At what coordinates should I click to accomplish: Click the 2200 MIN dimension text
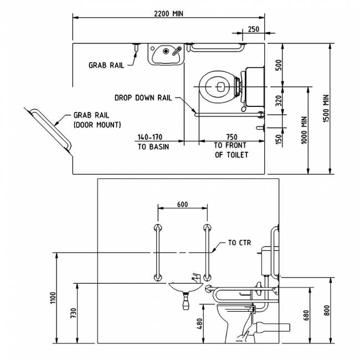(168, 14)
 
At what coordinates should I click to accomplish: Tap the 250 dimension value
(254, 29)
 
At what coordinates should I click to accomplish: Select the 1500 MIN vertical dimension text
(326, 109)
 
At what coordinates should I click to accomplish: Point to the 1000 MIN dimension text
(304, 130)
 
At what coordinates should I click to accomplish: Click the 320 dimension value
(278, 101)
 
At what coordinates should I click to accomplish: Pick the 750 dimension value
(232, 137)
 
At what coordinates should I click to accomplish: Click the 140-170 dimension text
(150, 137)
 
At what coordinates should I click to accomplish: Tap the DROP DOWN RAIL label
(143, 98)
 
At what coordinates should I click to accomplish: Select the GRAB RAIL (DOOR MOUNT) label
(97, 120)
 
